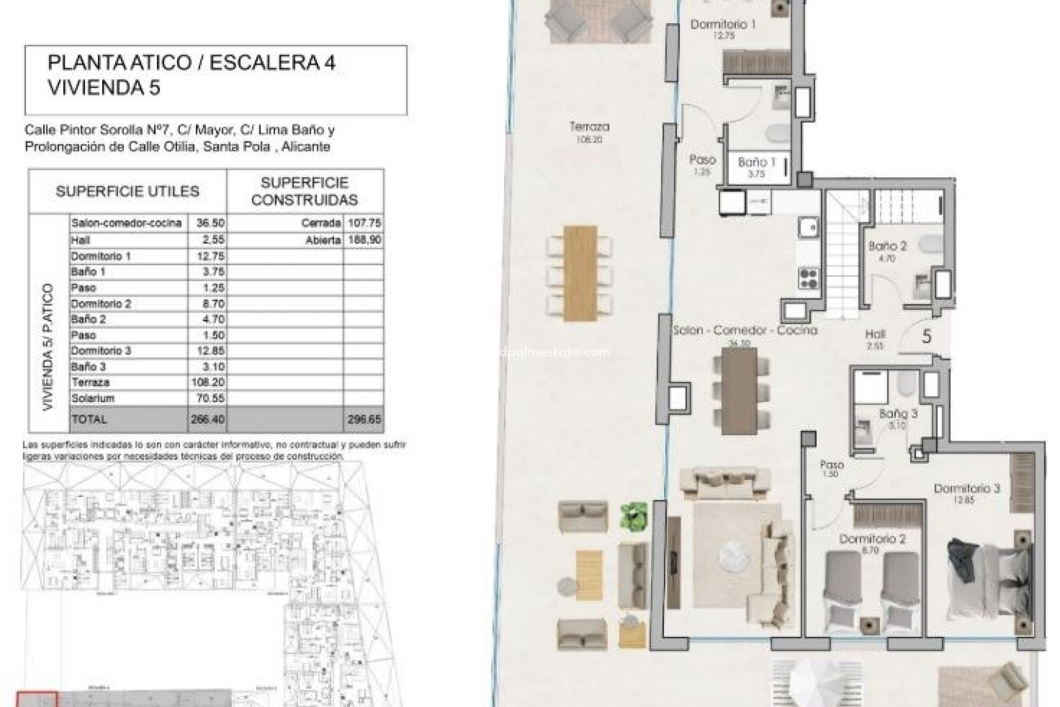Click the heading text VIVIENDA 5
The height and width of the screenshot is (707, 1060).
104,88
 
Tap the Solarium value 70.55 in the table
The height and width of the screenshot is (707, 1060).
206,398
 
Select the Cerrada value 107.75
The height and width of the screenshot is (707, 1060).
364,223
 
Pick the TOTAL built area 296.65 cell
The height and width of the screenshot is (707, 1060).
364,419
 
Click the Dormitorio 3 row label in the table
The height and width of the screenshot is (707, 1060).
101,351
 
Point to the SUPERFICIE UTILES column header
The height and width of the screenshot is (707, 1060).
127,192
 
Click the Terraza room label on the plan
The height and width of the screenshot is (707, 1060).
590,127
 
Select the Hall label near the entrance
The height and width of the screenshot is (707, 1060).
876,334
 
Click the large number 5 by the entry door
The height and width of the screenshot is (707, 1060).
927,336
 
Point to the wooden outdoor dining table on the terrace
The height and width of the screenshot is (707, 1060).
580,273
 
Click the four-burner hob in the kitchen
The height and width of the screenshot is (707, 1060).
808,278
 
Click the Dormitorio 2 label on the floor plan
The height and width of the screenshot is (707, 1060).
872,539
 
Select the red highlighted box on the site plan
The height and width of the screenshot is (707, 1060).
37,699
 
